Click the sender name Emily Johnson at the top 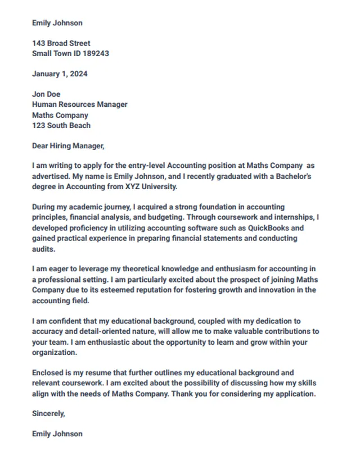[x=57, y=23]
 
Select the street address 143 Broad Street [x=61, y=43]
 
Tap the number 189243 [x=96, y=53]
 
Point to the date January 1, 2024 [x=60, y=74]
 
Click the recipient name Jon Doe [x=46, y=94]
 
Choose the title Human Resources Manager [x=80, y=104]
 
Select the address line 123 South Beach [x=61, y=125]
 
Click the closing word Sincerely [x=49, y=413]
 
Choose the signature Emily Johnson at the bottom [x=57, y=434]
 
